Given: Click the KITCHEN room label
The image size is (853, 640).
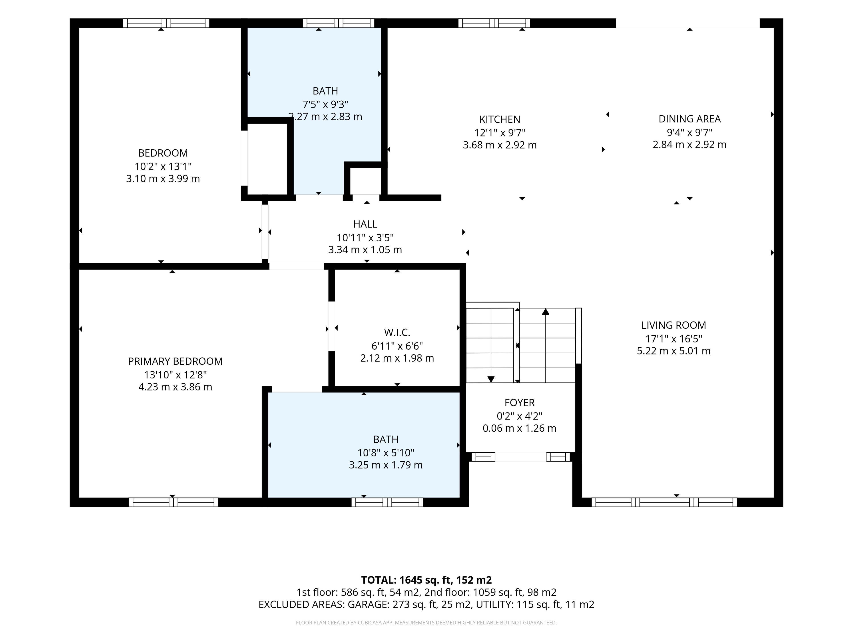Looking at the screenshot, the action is point(500,120).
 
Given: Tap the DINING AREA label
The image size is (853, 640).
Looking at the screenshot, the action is point(690,119).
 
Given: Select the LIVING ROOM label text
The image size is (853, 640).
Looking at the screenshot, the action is point(674,325).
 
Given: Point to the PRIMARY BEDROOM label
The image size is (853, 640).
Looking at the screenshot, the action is point(175,362).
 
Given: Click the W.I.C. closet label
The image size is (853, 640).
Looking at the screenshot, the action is point(397,332).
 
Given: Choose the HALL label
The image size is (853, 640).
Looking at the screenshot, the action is point(365,224).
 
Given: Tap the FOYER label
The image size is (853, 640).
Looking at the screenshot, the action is point(519,403).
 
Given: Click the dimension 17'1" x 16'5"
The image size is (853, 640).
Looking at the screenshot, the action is point(674,339).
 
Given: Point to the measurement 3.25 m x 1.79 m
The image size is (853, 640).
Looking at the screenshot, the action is point(386,465).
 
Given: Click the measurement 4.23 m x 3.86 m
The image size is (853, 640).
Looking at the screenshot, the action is point(175,387).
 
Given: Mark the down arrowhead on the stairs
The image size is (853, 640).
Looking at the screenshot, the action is point(491,379).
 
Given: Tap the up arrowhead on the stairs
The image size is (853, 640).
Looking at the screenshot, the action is point(546,311).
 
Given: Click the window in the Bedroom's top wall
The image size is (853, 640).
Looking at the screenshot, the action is point(166,23).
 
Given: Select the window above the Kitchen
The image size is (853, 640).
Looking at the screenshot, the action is point(494,23).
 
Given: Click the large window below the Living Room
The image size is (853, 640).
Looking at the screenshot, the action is point(664,502).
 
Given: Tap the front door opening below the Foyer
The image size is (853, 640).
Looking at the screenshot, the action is point(521,457).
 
